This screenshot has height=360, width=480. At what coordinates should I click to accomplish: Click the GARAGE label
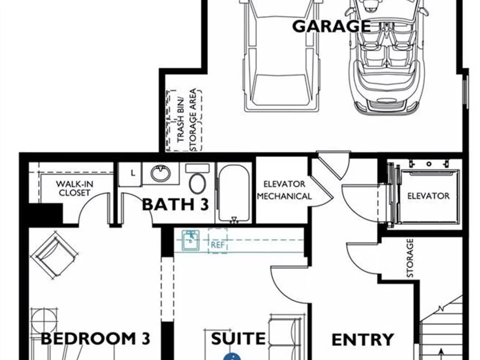(332, 26)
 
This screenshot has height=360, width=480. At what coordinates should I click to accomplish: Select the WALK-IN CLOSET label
(74, 189)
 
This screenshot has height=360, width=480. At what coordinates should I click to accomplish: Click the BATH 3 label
(175, 204)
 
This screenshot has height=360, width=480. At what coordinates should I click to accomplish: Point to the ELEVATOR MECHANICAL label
(284, 190)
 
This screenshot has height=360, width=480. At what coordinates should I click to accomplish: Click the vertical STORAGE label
(410, 258)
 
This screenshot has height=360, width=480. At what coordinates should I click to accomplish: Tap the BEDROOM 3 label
(96, 338)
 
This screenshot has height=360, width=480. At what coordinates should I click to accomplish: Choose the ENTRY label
(362, 340)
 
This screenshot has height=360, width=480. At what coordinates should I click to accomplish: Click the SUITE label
(238, 338)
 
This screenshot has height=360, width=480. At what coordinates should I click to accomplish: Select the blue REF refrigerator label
(217, 245)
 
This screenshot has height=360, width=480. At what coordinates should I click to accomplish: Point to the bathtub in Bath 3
(234, 193)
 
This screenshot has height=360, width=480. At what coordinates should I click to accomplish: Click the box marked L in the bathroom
(130, 174)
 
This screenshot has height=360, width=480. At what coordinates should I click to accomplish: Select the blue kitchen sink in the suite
(191, 240)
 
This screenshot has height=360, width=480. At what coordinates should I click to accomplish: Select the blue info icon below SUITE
(232, 356)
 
